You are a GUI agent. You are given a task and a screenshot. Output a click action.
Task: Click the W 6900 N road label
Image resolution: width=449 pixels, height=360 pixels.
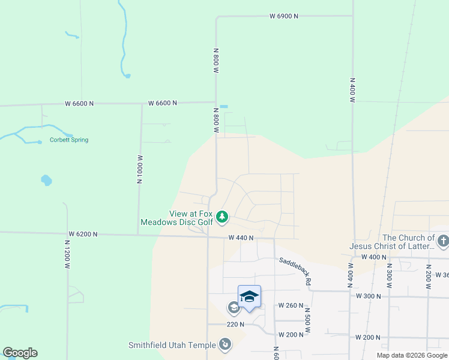(x=283, y=16)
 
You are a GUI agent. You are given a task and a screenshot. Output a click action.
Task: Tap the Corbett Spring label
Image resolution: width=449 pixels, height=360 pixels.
(x=68, y=140)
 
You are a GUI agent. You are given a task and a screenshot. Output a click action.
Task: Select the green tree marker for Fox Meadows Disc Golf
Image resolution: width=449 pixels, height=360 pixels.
(x=222, y=217)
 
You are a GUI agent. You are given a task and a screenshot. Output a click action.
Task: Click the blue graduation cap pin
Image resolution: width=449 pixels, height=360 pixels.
(x=249, y=297)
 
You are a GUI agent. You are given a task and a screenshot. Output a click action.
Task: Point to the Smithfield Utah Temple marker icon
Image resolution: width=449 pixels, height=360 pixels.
(x=224, y=344)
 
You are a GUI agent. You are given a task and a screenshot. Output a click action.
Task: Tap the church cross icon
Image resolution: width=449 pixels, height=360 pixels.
(x=443, y=242)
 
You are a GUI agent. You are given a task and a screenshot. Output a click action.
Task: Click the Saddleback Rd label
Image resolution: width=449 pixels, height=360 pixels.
(x=295, y=271)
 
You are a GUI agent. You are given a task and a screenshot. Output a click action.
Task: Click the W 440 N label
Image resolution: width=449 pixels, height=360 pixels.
(x=241, y=238)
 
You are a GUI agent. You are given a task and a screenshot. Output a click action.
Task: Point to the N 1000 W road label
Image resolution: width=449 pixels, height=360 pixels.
(x=139, y=169)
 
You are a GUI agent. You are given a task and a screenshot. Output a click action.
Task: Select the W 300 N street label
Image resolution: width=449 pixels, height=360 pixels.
(x=369, y=296)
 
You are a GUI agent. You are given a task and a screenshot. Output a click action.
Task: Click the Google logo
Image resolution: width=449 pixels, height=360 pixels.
(x=20, y=353)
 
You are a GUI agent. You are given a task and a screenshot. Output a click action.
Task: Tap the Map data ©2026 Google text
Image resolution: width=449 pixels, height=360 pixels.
(x=412, y=355)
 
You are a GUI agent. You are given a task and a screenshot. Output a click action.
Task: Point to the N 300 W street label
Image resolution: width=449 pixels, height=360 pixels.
(x=388, y=277)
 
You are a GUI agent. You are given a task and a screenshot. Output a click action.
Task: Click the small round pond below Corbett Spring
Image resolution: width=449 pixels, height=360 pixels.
(x=46, y=179)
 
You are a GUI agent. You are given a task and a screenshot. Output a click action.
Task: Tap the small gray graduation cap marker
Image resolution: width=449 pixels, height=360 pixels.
(x=234, y=308)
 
